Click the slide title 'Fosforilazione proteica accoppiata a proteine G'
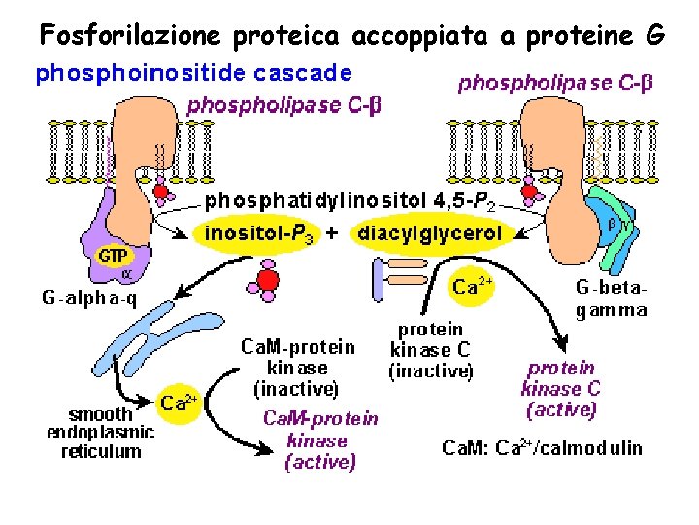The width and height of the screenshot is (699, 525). (351, 35)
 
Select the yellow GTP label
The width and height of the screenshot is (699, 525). (112, 255)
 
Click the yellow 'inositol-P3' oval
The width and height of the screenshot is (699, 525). (257, 234)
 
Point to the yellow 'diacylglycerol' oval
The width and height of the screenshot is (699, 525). (430, 234)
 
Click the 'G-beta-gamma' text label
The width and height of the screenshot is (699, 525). (611, 299)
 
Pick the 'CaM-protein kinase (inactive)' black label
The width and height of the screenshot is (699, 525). (297, 367)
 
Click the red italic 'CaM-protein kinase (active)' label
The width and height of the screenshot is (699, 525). (320, 440)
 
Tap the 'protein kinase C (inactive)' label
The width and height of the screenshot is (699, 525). (430, 349)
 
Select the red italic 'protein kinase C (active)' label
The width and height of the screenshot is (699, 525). (561, 388)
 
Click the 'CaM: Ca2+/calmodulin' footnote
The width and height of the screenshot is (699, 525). (542, 448)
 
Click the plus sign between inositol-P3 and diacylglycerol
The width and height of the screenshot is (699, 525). (332, 234)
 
